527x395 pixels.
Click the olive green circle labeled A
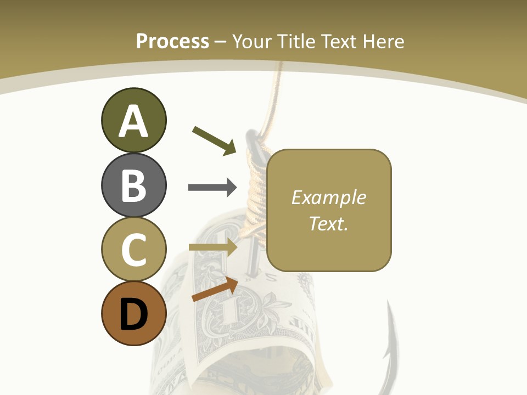tap(133, 120)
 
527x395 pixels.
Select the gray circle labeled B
tap(133, 185)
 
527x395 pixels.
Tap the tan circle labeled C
tap(133, 249)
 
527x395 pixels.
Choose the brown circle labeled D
tap(133, 313)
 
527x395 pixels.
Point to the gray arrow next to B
tap(212, 188)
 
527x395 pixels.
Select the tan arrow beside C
tap(212, 247)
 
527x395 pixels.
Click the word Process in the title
tap(172, 41)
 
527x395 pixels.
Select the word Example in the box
tap(328, 198)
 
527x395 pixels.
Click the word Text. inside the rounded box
tap(328, 223)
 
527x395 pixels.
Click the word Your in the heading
tap(253, 41)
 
